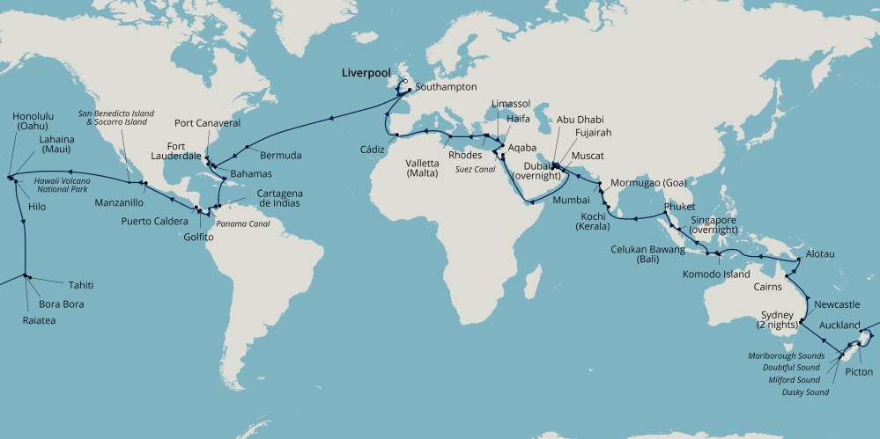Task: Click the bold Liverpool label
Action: click(x=366, y=74)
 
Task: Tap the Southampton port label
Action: click(x=445, y=87)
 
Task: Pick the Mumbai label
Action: click(x=545, y=200)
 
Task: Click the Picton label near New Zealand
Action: click(x=858, y=372)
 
